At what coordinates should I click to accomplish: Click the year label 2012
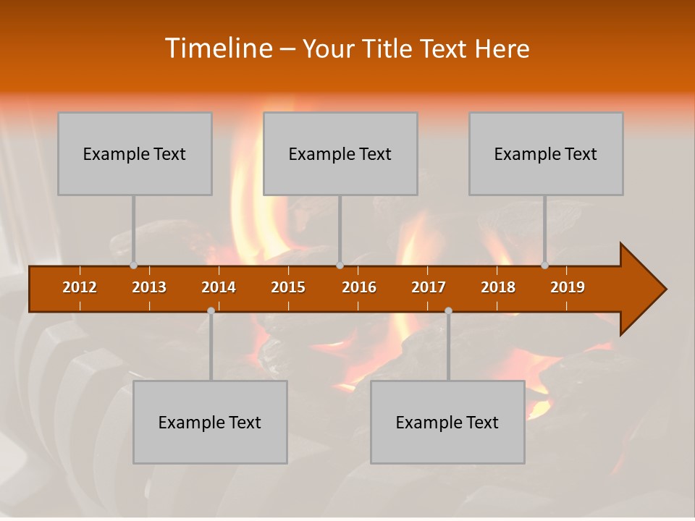click(80, 287)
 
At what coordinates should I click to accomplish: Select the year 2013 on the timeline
click(149, 287)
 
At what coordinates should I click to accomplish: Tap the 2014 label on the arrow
click(219, 287)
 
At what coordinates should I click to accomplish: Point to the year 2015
click(288, 287)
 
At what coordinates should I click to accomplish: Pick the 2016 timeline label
click(359, 287)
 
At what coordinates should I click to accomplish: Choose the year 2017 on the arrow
click(429, 287)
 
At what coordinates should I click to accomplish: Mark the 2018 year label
click(498, 287)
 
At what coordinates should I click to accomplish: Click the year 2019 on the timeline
click(568, 287)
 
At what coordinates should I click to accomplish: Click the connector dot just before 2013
click(133, 266)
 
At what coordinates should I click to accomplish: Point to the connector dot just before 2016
click(340, 266)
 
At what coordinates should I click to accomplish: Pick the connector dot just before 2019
click(545, 266)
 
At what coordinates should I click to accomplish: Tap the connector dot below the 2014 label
click(211, 310)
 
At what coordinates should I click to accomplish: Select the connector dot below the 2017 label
click(448, 310)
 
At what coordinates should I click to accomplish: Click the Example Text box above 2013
click(135, 154)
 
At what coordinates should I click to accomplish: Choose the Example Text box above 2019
click(546, 154)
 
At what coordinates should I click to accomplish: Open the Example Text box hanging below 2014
click(210, 423)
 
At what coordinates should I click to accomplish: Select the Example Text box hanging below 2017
click(447, 423)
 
